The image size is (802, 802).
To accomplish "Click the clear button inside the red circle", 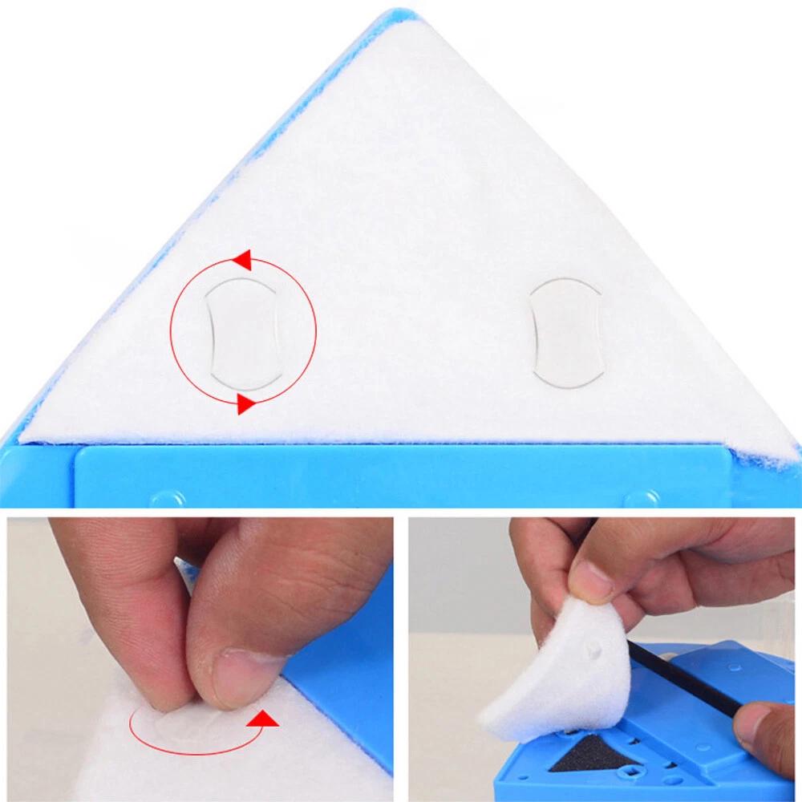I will pos(243,329).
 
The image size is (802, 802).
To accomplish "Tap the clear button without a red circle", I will pos(567,332).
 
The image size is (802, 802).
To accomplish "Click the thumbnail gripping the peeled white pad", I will pos(590,579).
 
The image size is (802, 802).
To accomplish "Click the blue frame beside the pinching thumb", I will pos(345,682).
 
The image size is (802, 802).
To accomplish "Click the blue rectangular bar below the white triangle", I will pos(401,477).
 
